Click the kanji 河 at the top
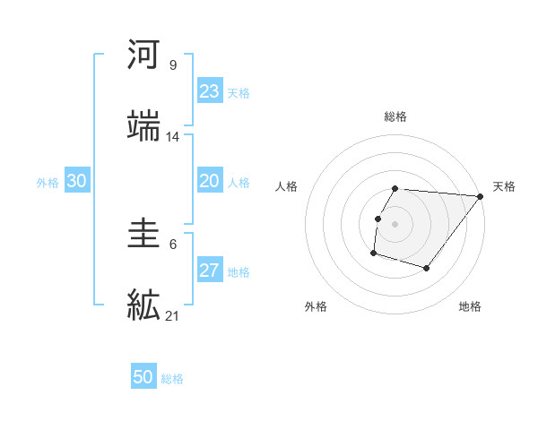click(144, 56)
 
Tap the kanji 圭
click(144, 235)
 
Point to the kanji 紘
click(144, 305)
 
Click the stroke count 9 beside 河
click(172, 64)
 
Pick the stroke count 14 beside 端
click(173, 136)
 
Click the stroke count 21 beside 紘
click(173, 315)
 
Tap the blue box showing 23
click(209, 91)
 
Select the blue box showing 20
click(209, 181)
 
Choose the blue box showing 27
click(209, 271)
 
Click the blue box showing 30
click(76, 181)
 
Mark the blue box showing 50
click(143, 378)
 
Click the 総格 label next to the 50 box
click(172, 379)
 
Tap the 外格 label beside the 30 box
click(48, 182)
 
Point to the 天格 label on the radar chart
click(504, 186)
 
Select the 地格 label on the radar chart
click(470, 306)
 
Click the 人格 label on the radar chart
click(288, 186)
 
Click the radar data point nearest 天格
click(480, 196)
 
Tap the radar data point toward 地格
click(427, 268)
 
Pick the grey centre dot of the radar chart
click(395, 223)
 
